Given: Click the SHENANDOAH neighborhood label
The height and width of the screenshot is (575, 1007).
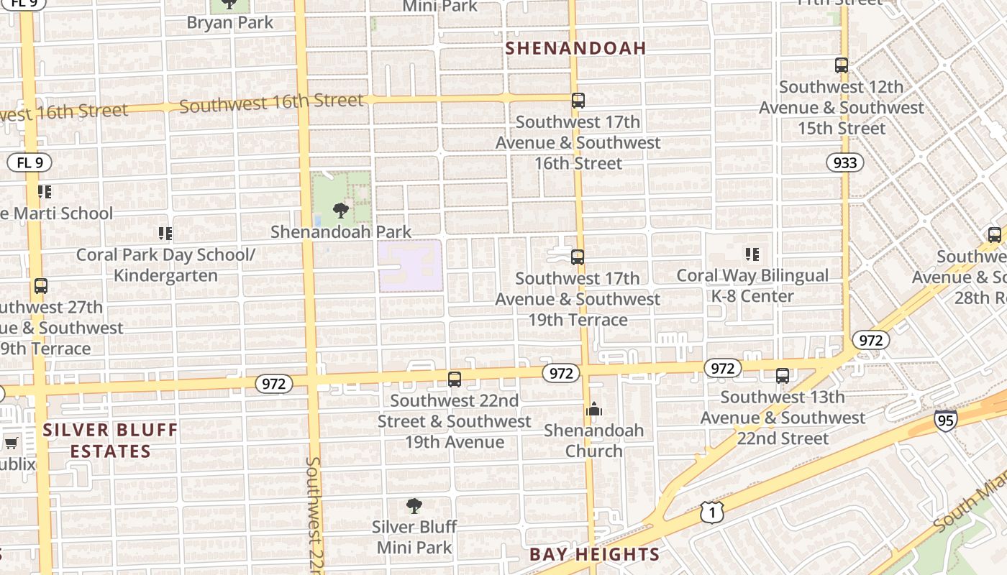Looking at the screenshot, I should coord(575,48).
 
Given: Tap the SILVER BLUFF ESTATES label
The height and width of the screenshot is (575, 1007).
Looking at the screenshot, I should coord(110,441).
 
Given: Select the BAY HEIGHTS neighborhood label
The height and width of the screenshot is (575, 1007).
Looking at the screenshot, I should coord(594,554).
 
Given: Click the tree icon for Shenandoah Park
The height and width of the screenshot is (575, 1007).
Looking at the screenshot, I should coord(341,211).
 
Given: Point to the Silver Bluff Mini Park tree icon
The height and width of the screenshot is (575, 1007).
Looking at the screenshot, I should coord(414,506).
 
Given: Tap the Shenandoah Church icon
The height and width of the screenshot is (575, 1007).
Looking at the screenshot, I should coord(594,410).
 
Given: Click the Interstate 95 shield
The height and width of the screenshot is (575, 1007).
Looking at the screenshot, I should coord(946,420).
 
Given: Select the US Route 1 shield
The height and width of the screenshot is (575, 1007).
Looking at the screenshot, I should coord(711,512).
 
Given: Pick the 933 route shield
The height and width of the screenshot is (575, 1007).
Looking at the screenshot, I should coord(845,162).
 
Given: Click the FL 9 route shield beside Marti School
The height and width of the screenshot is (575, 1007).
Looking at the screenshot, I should coord(30,162).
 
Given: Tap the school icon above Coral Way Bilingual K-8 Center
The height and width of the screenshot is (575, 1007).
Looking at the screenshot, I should coord(752,254).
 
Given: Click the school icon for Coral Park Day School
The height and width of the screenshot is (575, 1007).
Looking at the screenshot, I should coord(165,234).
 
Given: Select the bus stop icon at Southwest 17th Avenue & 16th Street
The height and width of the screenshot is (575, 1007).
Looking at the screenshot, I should coord(578,101).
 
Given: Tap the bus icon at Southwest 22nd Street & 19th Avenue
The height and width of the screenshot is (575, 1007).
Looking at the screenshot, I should coord(455,379).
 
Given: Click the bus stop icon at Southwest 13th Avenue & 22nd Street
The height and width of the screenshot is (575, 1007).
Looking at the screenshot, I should coord(783,376).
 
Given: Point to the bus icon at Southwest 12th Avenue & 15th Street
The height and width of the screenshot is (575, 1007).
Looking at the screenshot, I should coord(842,65).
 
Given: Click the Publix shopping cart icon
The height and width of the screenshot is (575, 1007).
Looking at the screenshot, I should coord(11,443).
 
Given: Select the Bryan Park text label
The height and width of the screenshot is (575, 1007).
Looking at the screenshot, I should coord(230,22).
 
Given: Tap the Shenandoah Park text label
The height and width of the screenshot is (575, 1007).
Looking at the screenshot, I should coord(341,231).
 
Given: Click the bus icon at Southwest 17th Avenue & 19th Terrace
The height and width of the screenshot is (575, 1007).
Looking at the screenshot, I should coord(578,257).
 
